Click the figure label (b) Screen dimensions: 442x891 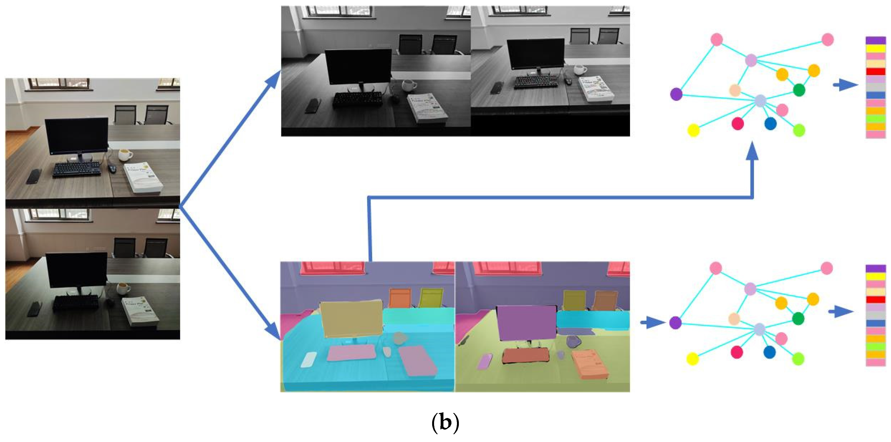(x=445, y=423)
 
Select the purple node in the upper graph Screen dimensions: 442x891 (x=676, y=94)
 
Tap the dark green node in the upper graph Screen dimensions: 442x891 (x=799, y=90)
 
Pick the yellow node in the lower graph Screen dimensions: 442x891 (x=693, y=359)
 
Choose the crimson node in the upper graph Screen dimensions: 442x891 (x=738, y=123)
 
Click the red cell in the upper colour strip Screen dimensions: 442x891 (x=876, y=72)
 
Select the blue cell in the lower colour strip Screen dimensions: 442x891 (x=876, y=323)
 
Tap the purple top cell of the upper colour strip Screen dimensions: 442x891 (x=876, y=41)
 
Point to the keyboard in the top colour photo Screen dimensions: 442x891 (x=77, y=170)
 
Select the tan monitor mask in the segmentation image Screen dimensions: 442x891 (x=351, y=319)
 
